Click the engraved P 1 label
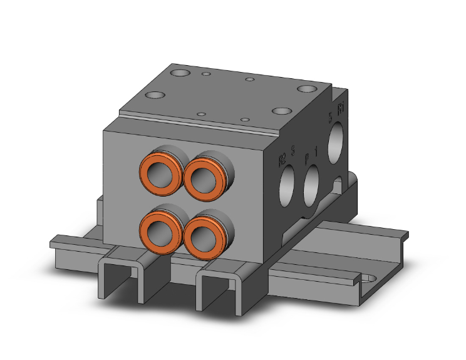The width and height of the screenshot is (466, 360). tap(311, 153)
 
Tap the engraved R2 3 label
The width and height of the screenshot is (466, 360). tap(287, 157)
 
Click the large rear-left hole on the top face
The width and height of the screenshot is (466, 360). tap(180, 74)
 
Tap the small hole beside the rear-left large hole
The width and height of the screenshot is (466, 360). tap(206, 75)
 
